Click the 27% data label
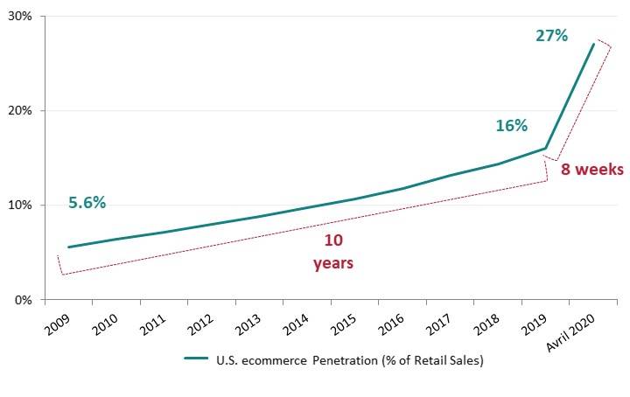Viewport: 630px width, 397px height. (551, 36)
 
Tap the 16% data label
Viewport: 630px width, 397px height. (511, 125)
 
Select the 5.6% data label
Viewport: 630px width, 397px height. (87, 203)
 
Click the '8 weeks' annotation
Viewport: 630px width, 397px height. (591, 171)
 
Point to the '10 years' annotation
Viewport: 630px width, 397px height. (332, 251)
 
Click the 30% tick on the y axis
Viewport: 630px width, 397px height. (21, 17)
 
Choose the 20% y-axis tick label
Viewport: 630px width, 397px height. (21, 111)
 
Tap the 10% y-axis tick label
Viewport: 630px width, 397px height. (21, 205)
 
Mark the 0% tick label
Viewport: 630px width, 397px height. (24, 300)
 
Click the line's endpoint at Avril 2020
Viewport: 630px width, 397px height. (594, 44)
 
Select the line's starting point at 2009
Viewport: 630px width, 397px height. (68, 247)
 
